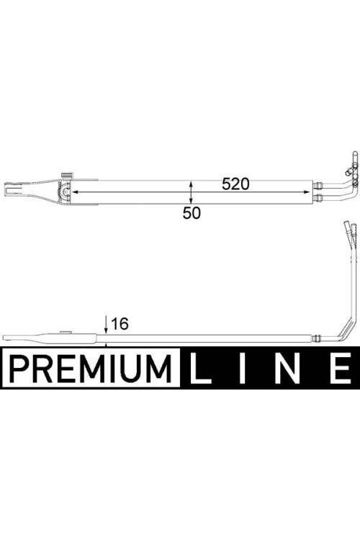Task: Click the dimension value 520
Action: (x=235, y=184)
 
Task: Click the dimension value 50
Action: (x=192, y=213)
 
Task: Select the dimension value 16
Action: (x=120, y=324)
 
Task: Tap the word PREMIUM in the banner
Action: (x=91, y=368)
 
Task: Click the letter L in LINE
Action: (x=201, y=368)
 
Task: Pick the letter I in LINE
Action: (x=244, y=368)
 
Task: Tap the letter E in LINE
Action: (x=341, y=368)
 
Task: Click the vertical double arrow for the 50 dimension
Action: (x=192, y=192)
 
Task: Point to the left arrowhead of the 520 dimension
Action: (x=73, y=192)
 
